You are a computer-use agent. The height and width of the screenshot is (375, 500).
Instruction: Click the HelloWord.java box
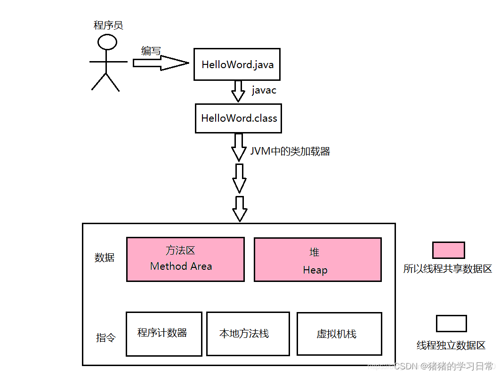point(237,64)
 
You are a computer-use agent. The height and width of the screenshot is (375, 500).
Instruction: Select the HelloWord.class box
point(238,118)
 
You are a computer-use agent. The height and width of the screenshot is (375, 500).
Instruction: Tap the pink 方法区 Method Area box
point(185,259)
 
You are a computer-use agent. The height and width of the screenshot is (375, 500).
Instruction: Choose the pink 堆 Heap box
point(317,259)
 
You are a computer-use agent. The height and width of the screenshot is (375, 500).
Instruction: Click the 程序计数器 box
point(164,334)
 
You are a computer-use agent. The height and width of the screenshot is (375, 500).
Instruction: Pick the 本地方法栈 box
point(248,334)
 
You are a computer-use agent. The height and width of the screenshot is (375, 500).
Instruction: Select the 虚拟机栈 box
point(339,334)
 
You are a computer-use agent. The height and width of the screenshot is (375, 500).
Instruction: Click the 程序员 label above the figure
point(108,25)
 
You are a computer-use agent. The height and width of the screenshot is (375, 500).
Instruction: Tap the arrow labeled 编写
point(160,63)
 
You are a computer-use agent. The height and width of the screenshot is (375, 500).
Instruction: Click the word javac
point(264,90)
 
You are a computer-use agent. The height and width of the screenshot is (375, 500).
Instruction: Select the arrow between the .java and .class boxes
point(238,91)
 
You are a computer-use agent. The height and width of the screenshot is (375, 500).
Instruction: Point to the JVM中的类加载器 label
point(290,151)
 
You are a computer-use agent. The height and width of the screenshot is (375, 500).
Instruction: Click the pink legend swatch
point(448,250)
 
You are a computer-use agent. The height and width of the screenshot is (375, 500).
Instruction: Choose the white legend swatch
point(451,324)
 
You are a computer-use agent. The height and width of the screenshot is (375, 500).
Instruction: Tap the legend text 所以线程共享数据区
point(447,269)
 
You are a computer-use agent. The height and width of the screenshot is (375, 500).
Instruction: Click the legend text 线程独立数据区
point(451,345)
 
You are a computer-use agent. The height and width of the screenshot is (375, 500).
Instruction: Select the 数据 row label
point(105,258)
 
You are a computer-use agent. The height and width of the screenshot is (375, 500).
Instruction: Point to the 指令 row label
point(105,338)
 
